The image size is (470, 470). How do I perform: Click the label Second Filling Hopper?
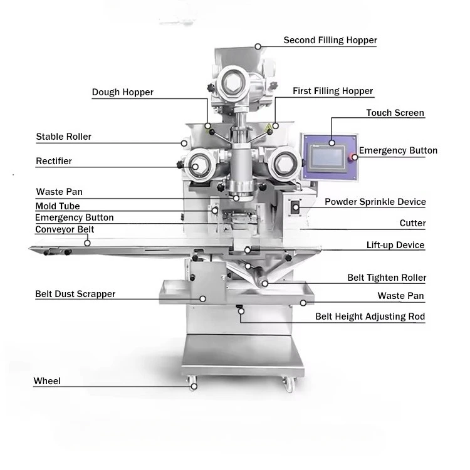(x=330, y=40)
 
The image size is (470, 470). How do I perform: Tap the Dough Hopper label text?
(x=123, y=92)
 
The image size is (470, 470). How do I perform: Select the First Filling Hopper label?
(x=333, y=91)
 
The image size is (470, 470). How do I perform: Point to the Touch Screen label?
(x=395, y=113)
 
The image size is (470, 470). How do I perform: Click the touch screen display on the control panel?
(x=327, y=157)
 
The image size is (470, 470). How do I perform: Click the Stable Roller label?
(x=63, y=137)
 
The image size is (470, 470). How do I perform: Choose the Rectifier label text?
(x=54, y=161)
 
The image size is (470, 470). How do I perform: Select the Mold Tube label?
(x=58, y=206)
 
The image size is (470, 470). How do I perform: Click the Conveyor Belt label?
(x=65, y=229)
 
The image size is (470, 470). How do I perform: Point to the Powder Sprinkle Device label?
(x=375, y=202)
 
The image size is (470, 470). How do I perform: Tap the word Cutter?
(x=412, y=223)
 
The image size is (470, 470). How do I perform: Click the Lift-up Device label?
(x=395, y=245)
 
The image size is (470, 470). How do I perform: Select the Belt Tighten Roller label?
(x=387, y=278)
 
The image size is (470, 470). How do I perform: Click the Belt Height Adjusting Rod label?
(x=370, y=316)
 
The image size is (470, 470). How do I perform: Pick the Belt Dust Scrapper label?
(x=75, y=294)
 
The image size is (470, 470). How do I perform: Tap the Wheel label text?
(x=47, y=381)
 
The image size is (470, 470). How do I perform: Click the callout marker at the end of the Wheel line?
(x=194, y=387)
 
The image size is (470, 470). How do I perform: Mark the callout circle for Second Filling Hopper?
(x=258, y=46)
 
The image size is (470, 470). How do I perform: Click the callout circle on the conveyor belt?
(x=87, y=243)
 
